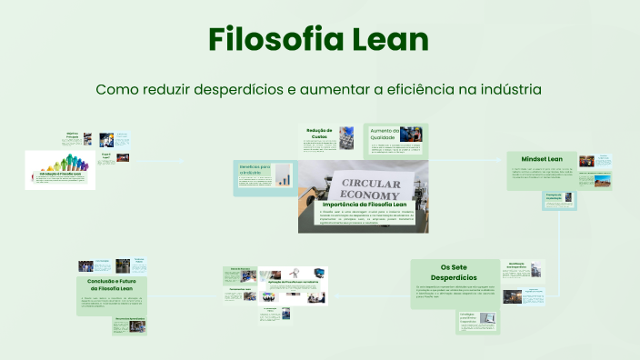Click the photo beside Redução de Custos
tap(345, 135)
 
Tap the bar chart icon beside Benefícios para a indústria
tap(283, 175)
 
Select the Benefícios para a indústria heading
tap(255, 170)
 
